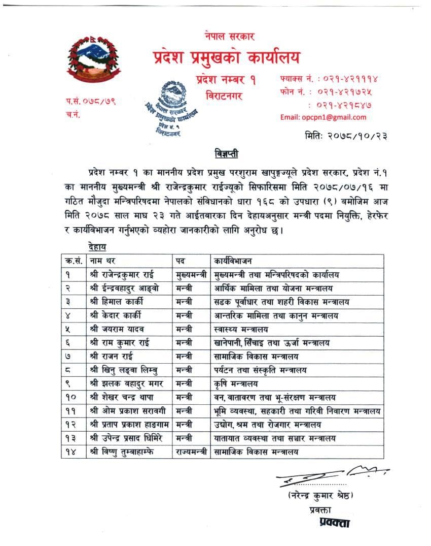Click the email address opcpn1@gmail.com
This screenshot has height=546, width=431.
click(x=323, y=117)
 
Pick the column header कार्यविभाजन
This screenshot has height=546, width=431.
click(x=240, y=262)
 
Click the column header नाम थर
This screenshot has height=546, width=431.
click(x=104, y=262)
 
